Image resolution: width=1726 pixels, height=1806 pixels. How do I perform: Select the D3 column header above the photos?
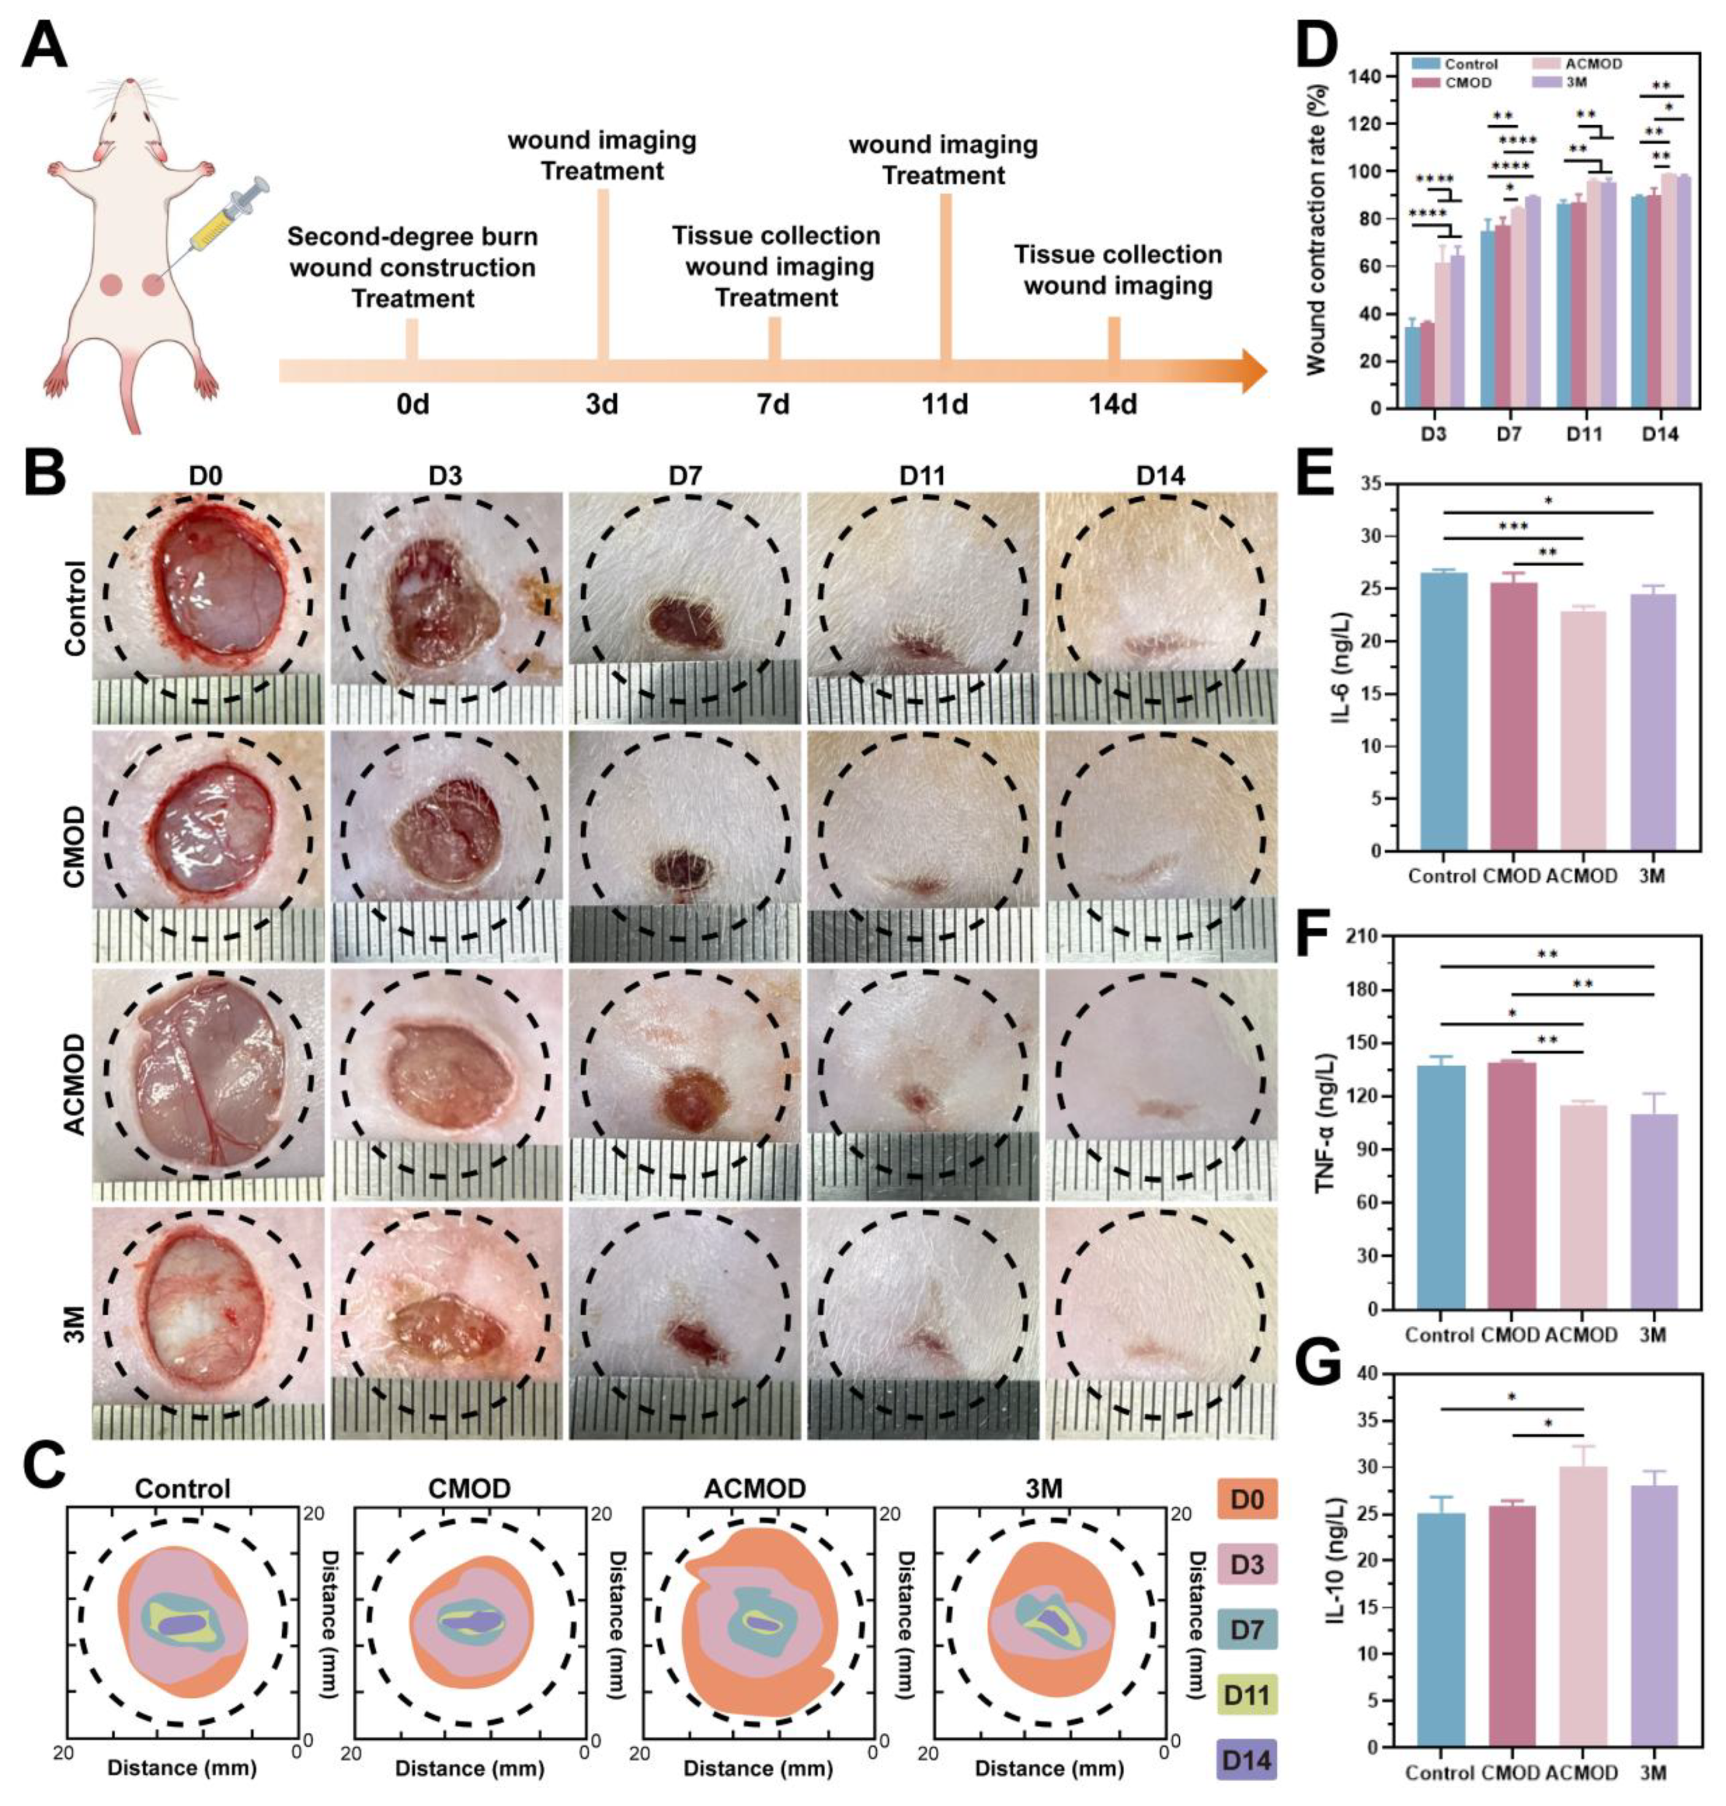point(445,476)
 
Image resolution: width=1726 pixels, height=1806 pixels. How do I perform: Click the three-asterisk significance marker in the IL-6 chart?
point(1512,526)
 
